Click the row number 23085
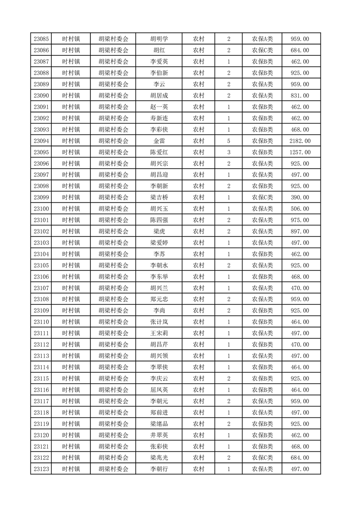click(x=41, y=39)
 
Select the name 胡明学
click(x=159, y=39)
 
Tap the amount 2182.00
click(x=301, y=141)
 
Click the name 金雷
click(x=159, y=141)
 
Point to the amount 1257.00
click(x=301, y=152)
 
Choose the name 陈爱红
click(x=159, y=152)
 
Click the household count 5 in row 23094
click(x=228, y=141)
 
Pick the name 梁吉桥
click(x=159, y=198)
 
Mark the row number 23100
click(x=41, y=209)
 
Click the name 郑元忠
click(x=159, y=299)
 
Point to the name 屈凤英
click(x=159, y=390)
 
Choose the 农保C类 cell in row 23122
click(x=262, y=458)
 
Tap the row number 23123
click(x=41, y=469)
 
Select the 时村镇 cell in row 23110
click(x=71, y=322)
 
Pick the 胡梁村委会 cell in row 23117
click(x=113, y=401)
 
